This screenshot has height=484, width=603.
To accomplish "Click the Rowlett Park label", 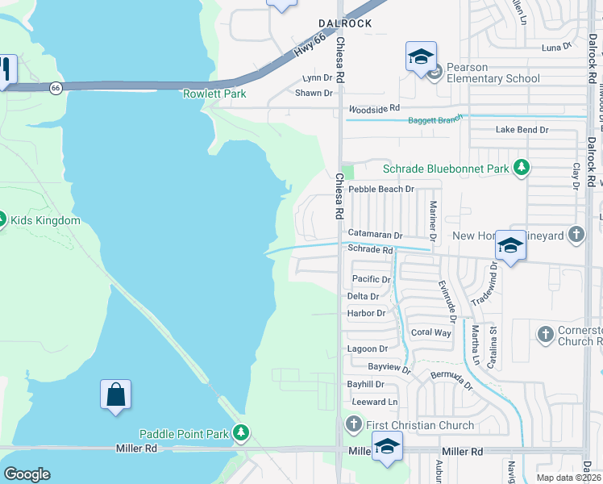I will pyautogui.click(x=214, y=94).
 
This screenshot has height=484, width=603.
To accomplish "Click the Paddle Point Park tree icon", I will pyautogui.click(x=240, y=434).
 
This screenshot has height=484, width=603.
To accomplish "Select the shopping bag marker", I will pyautogui.click(x=116, y=395).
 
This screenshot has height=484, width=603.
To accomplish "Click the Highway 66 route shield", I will pyautogui.click(x=56, y=88).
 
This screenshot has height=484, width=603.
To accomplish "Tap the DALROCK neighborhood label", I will pyautogui.click(x=344, y=23).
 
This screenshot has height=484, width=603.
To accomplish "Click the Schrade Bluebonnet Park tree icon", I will pyautogui.click(x=522, y=169).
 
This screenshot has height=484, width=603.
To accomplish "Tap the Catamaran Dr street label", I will pyautogui.click(x=375, y=235).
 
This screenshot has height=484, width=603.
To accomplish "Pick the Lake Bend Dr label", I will pyautogui.click(x=522, y=129).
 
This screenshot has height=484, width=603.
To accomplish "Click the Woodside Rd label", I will pyautogui.click(x=374, y=108).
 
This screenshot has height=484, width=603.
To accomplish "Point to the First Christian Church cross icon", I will pyautogui.click(x=353, y=424).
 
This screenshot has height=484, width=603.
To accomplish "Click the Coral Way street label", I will pyautogui.click(x=431, y=332).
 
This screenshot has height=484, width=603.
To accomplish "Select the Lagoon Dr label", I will pyautogui.click(x=367, y=348).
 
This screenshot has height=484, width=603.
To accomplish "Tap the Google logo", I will pyautogui.click(x=27, y=474).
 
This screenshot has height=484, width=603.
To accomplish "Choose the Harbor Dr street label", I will pyautogui.click(x=366, y=313).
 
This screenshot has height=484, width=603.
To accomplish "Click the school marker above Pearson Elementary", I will pyautogui.click(x=421, y=57).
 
